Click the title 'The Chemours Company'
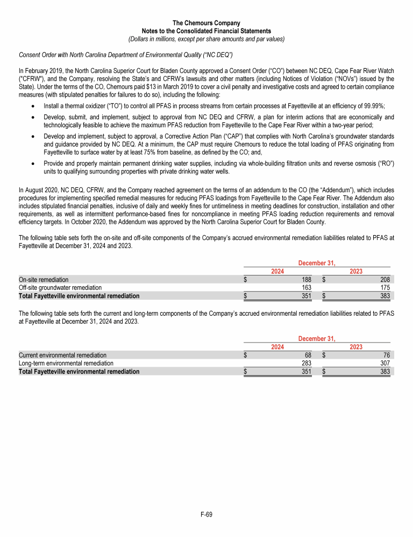coord(206,23)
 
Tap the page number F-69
coord(206,515)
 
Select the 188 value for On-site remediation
coord(307,280)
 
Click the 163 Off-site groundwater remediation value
coord(307,288)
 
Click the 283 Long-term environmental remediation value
coord(307,363)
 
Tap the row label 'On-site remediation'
coord(44,280)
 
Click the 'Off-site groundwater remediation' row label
coord(60,288)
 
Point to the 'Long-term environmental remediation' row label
coord(66,363)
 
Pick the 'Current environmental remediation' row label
coord(62,355)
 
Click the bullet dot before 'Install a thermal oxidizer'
coord(33,106)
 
